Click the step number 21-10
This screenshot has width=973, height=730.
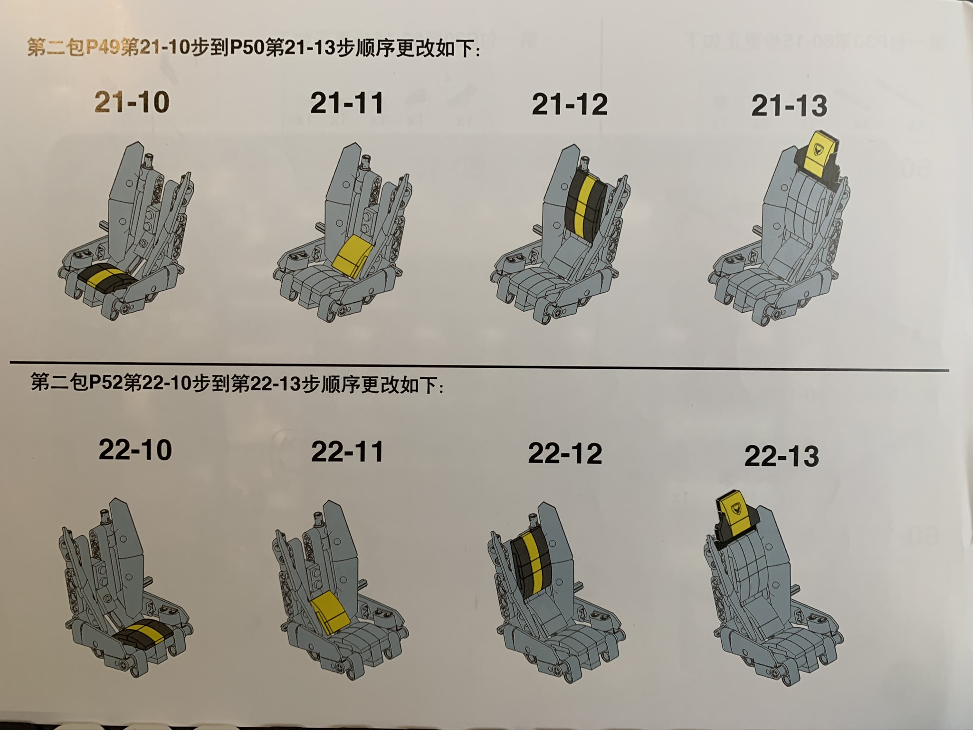(x=132, y=102)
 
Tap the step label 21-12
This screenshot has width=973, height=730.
(x=570, y=105)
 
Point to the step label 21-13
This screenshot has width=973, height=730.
(x=789, y=106)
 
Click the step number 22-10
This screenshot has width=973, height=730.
(x=135, y=450)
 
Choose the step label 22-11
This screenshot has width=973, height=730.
(x=347, y=451)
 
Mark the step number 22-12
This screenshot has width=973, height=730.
(x=565, y=454)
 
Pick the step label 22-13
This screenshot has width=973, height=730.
(x=782, y=456)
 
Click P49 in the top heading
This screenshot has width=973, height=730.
(x=102, y=48)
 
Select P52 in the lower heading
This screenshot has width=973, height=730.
(x=105, y=383)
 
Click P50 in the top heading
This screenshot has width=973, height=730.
(x=248, y=48)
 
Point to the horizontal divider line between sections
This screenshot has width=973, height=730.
(x=479, y=366)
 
